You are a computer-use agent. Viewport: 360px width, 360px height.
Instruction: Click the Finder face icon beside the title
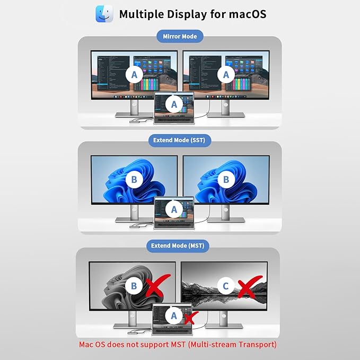[x=104, y=14]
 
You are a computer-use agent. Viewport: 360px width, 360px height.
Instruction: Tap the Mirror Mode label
[x=180, y=37]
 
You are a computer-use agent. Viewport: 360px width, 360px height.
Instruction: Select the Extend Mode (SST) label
[x=180, y=141]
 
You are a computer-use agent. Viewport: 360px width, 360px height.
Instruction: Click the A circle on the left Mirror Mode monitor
[x=135, y=75]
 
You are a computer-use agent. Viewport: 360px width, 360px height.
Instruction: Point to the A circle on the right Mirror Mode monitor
[x=226, y=75]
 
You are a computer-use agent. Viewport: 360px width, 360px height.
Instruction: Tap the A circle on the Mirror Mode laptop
[x=174, y=104]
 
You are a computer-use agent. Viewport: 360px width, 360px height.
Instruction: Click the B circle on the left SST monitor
[x=134, y=180]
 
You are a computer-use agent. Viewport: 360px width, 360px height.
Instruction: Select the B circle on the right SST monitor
[x=226, y=180]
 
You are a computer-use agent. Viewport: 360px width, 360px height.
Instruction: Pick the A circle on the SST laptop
[x=174, y=209]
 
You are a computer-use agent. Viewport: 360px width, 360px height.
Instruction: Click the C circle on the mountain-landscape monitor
[x=226, y=286]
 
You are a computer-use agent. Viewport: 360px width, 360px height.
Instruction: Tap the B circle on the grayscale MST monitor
[x=134, y=286]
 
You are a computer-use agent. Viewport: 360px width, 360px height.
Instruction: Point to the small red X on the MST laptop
[x=191, y=318]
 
